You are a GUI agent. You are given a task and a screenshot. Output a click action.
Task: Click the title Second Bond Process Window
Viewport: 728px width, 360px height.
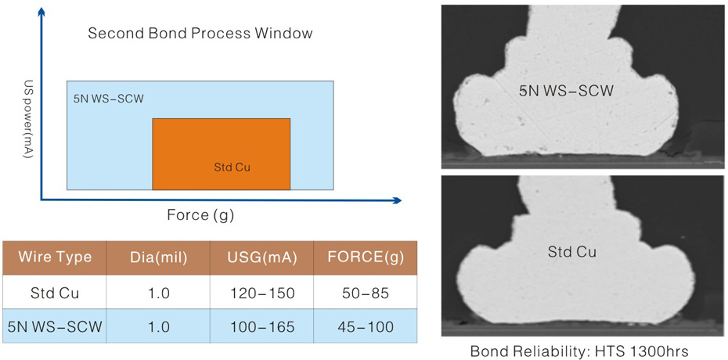click(200, 34)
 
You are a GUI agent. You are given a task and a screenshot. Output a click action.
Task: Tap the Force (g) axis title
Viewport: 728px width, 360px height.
click(200, 215)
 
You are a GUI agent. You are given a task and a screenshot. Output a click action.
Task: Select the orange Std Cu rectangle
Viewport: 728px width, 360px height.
click(222, 154)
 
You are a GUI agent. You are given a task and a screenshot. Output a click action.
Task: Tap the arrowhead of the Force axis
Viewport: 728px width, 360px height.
click(397, 200)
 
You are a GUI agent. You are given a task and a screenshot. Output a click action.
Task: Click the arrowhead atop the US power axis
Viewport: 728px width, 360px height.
click(41, 11)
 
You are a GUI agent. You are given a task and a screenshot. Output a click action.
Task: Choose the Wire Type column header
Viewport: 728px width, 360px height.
click(55, 257)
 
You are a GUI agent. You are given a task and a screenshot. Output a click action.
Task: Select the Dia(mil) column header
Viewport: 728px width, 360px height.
click(158, 258)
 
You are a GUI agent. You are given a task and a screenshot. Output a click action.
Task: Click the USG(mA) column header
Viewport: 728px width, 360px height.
click(262, 258)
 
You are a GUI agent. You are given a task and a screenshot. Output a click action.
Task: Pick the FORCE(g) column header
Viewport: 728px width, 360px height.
click(365, 258)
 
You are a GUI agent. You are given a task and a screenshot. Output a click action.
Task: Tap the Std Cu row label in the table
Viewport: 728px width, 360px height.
click(55, 293)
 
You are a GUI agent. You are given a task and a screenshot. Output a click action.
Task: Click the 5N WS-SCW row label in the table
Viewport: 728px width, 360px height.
click(55, 326)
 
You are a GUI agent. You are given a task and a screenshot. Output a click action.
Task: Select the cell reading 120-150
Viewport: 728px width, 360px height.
click(262, 293)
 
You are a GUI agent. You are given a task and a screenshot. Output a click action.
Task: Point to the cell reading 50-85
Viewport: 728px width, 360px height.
click(365, 293)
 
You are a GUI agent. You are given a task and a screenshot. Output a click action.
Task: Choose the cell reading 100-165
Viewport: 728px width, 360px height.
click(262, 326)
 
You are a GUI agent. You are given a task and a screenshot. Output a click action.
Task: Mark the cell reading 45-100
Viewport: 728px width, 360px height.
click(365, 326)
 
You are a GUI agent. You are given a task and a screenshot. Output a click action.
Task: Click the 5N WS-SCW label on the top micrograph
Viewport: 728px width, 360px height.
click(567, 92)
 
